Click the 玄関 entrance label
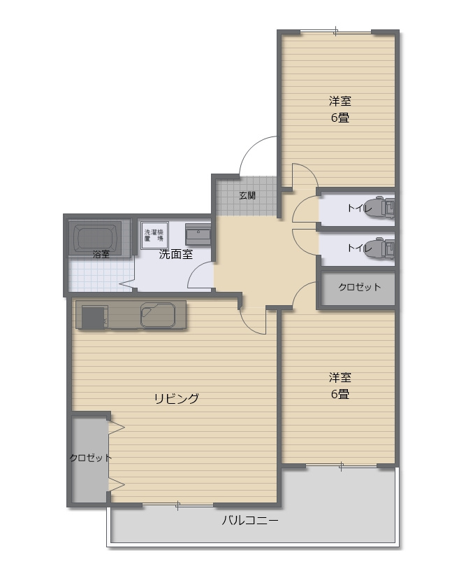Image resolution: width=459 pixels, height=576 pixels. click(247, 195)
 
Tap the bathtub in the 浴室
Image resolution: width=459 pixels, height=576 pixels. click(97, 238)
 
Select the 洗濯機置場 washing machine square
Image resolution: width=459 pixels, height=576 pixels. click(154, 235)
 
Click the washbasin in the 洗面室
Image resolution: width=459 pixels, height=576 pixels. click(198, 234)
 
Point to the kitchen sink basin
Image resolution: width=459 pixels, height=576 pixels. click(158, 315)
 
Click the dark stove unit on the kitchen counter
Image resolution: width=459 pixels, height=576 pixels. click(93, 317)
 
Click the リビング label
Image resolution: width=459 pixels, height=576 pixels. click(176, 398)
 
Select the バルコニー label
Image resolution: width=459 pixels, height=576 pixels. click(249, 520)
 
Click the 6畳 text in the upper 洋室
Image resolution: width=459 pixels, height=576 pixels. click(340, 118)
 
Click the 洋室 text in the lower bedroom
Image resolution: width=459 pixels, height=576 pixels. click(340, 377)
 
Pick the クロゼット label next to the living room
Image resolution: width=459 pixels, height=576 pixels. click(90, 458)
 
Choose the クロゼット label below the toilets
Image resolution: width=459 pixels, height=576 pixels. click(359, 287)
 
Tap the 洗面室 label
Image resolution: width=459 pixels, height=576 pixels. click(175, 254)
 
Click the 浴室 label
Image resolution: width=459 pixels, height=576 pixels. click(101, 254)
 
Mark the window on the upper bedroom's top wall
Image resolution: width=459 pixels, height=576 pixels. click(336, 32)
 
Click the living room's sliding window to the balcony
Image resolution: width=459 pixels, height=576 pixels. click(178, 505)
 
